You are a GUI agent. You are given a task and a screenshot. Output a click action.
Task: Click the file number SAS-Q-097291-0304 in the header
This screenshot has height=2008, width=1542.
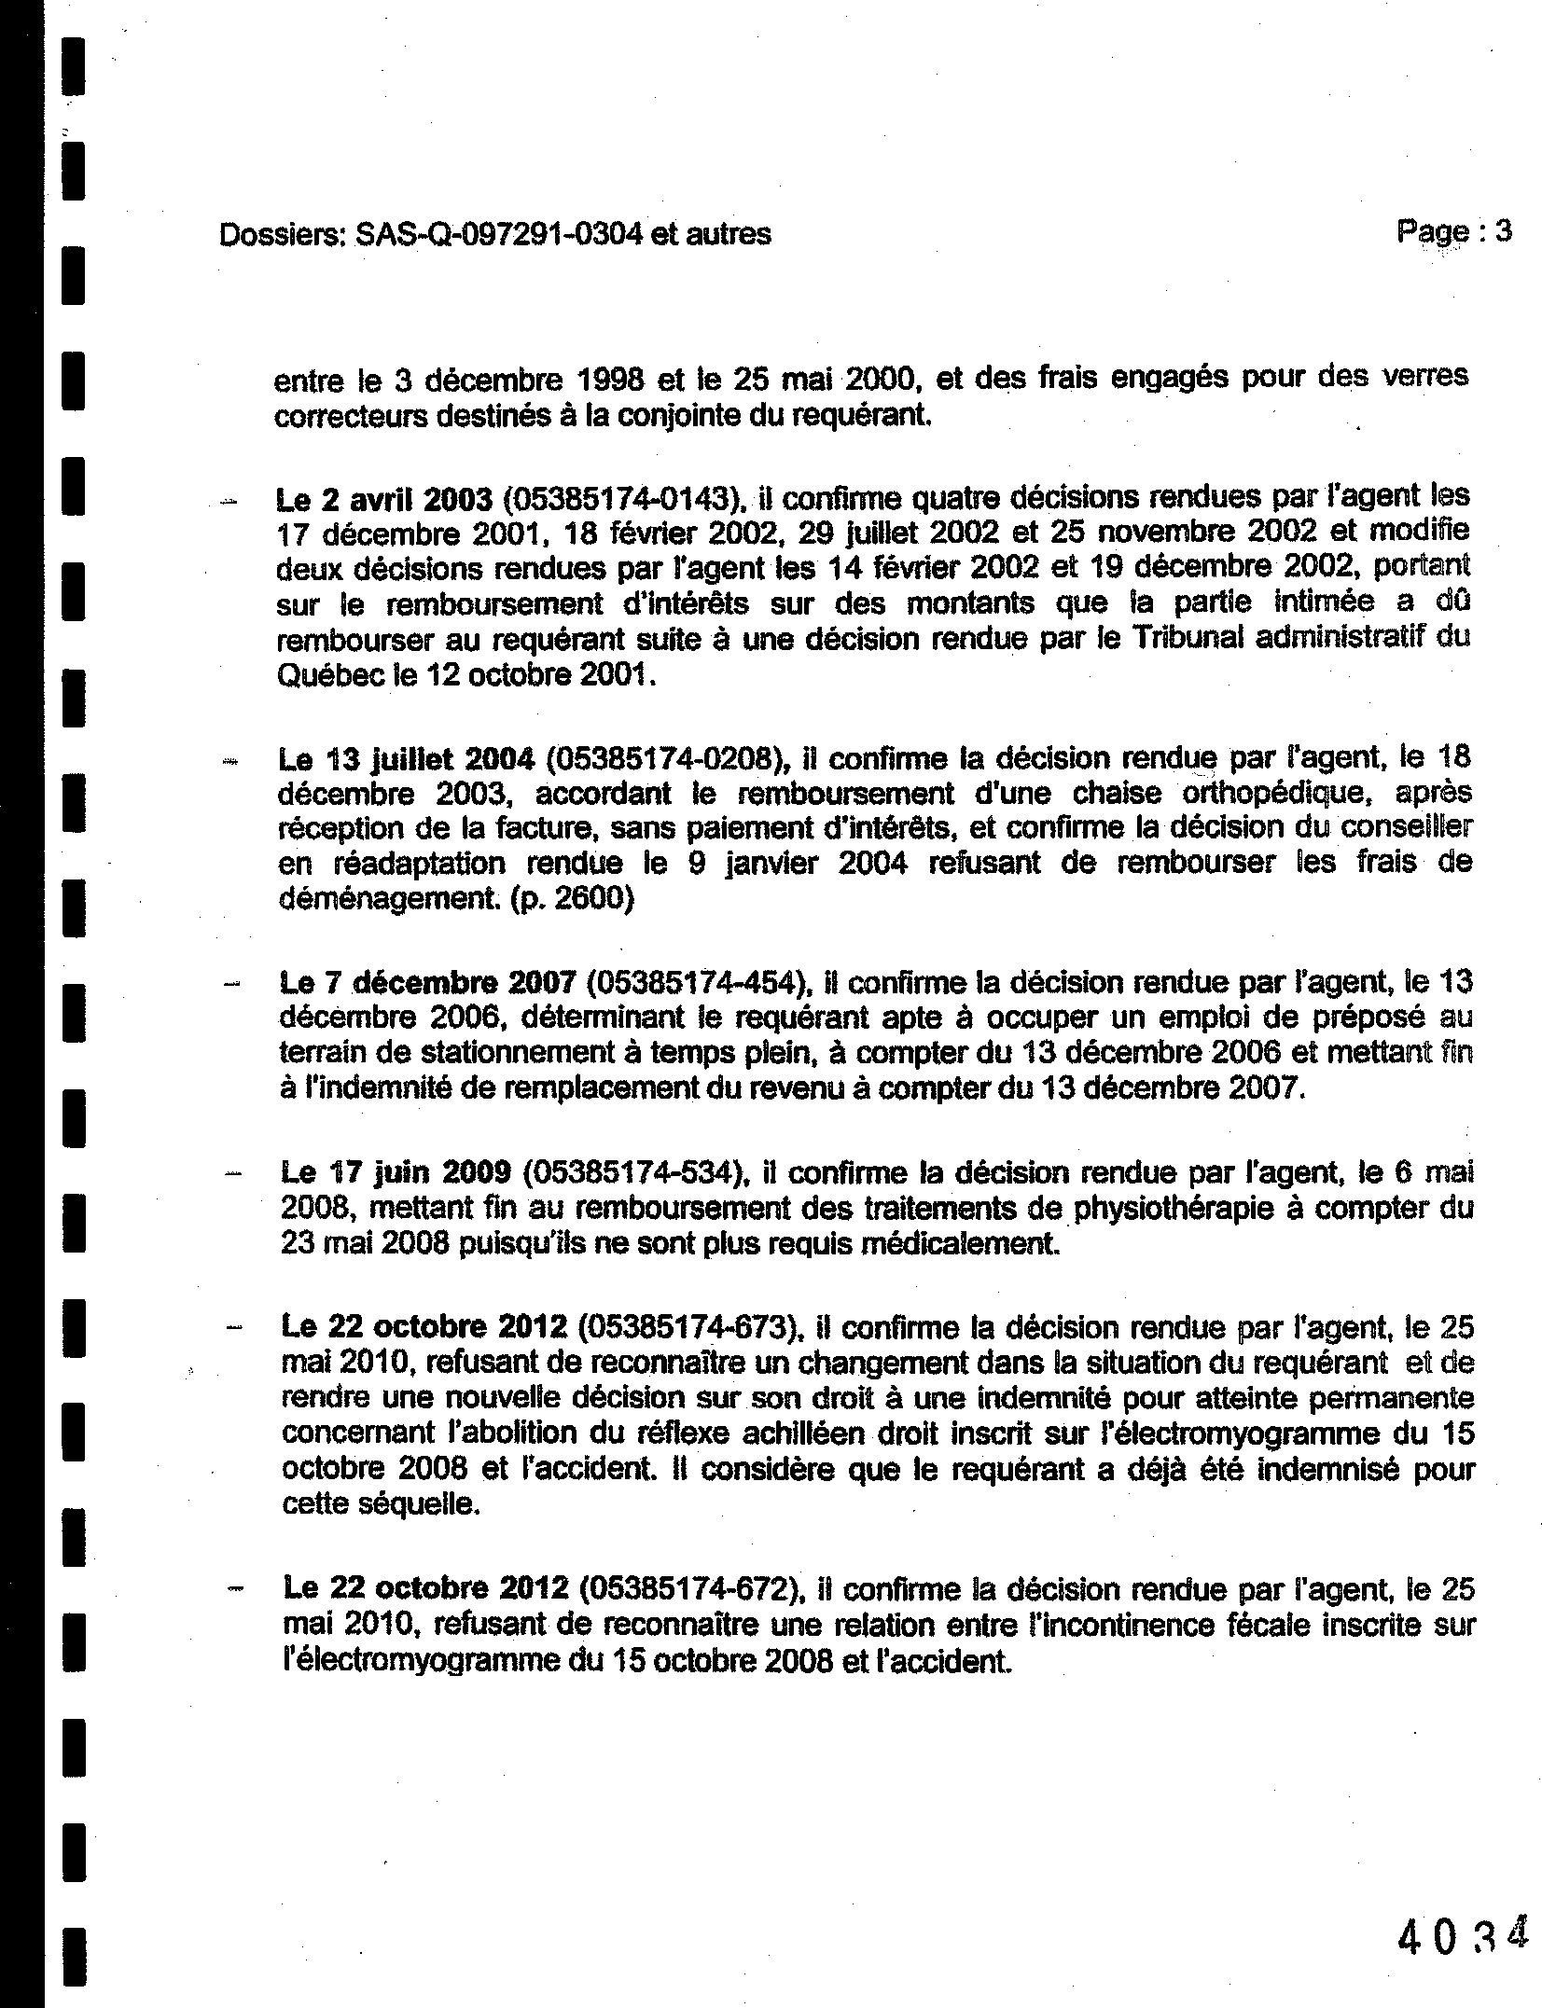pos(498,234)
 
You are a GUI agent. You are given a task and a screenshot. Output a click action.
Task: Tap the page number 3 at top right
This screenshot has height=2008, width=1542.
pos(1503,230)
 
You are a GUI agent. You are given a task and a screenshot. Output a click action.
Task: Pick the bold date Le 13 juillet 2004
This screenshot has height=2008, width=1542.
pos(406,759)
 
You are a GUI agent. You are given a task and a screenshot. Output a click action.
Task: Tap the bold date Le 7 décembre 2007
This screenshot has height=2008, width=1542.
pos(427,983)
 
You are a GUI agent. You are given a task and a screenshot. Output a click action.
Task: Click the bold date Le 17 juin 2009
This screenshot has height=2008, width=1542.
pos(396,1173)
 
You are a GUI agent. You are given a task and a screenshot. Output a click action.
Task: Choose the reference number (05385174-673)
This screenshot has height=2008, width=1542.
pos(691,1326)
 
